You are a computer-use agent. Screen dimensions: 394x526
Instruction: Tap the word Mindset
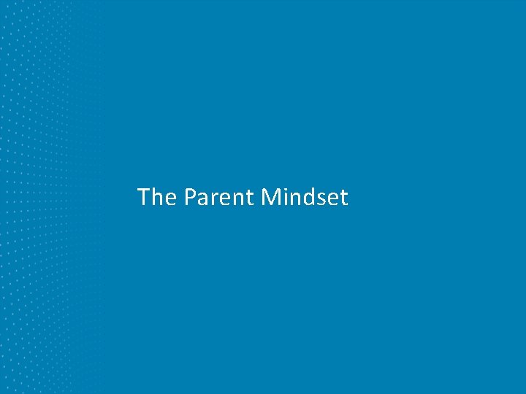(305, 197)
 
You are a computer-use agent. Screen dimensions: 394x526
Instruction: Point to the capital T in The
(144, 197)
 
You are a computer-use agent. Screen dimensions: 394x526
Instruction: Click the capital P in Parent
(190, 197)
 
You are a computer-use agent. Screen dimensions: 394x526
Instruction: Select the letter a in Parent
(202, 199)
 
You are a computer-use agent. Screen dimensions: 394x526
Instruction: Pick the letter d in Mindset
(308, 197)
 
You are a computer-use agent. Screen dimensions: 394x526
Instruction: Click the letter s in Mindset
(321, 199)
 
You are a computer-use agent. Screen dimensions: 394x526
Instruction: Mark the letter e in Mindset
(332, 199)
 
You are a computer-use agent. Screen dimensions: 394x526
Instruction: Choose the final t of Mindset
(343, 198)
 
